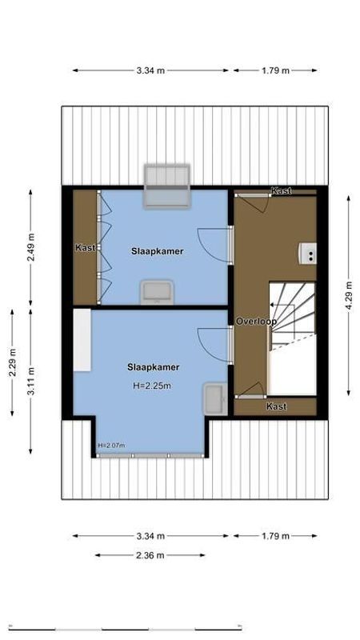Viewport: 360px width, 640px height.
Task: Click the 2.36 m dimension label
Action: click(x=150, y=555)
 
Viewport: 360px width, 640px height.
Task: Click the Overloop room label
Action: click(x=256, y=322)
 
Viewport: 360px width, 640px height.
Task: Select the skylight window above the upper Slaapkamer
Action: click(x=166, y=186)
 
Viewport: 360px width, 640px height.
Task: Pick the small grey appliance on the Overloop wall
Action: click(x=307, y=253)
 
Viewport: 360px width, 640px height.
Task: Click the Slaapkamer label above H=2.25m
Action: click(x=152, y=368)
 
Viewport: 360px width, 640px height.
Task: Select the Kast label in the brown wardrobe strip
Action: click(x=85, y=248)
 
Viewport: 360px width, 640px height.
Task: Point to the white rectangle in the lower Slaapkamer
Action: click(x=82, y=341)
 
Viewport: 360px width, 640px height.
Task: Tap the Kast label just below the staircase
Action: click(x=277, y=406)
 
